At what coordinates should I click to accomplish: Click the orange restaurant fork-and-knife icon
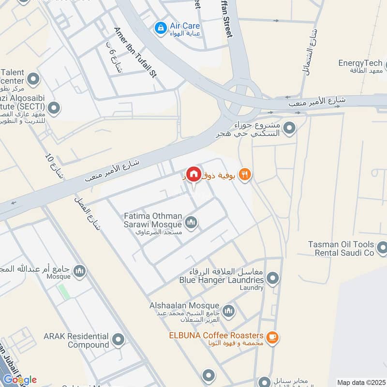245,175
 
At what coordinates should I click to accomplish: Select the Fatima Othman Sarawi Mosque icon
192,223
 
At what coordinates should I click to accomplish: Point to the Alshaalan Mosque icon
228,310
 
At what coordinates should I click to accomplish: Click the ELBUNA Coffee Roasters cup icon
272,338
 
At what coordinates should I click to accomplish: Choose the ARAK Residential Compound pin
118,340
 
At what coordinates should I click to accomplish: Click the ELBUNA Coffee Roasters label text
215,336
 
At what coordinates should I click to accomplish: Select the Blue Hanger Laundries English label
222,280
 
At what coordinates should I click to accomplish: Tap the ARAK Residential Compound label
75,341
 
